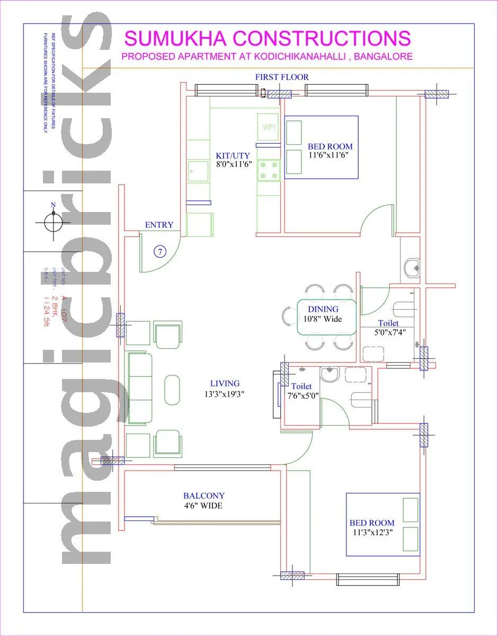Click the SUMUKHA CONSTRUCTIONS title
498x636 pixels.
click(267, 38)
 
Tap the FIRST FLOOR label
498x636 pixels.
click(282, 77)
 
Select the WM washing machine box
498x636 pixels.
click(268, 127)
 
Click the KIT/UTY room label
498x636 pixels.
click(233, 156)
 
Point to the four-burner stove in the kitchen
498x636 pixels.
click(268, 170)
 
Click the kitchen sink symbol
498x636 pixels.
click(198, 171)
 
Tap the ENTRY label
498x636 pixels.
click(159, 225)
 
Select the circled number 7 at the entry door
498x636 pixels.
click(160, 251)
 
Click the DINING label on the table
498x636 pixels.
click(323, 310)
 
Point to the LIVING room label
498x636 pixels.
click(225, 383)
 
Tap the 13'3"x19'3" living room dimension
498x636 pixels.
click(225, 394)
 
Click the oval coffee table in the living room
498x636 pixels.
click(173, 390)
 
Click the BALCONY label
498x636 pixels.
click(204, 496)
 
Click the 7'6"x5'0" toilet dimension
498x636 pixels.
click(303, 395)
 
